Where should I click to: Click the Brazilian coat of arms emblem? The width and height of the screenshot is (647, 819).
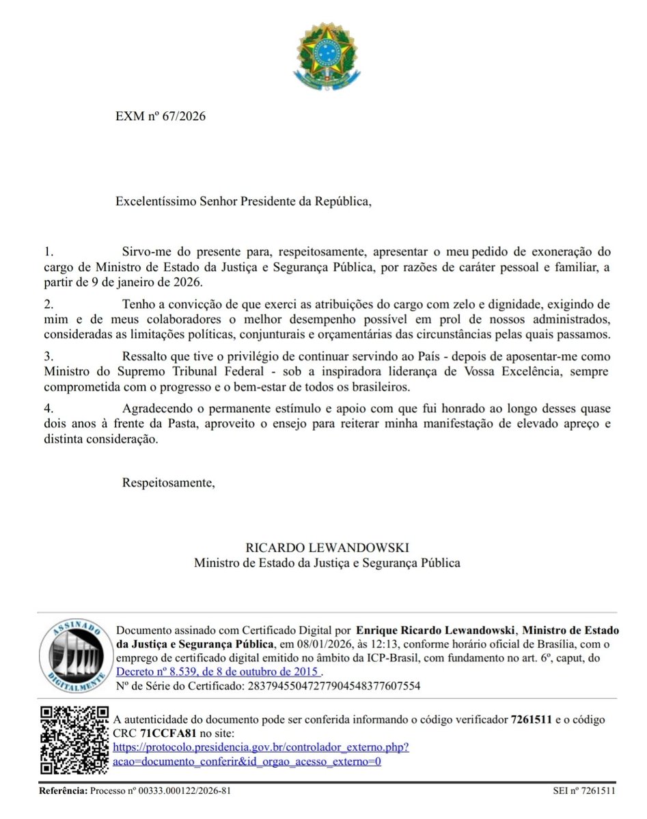[x=326, y=55]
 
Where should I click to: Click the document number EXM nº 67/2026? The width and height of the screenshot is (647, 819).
[x=161, y=115]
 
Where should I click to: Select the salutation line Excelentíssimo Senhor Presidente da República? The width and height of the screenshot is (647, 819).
[x=245, y=201]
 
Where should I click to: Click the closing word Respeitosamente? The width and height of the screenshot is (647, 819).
[x=168, y=483]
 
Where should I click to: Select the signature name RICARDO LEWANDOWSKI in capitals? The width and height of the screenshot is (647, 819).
[x=327, y=548]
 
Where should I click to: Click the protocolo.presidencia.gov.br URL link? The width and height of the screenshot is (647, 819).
[x=261, y=747]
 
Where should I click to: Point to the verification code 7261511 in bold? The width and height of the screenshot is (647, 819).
[x=532, y=719]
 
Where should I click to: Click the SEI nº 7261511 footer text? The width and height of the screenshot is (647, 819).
[x=584, y=790]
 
